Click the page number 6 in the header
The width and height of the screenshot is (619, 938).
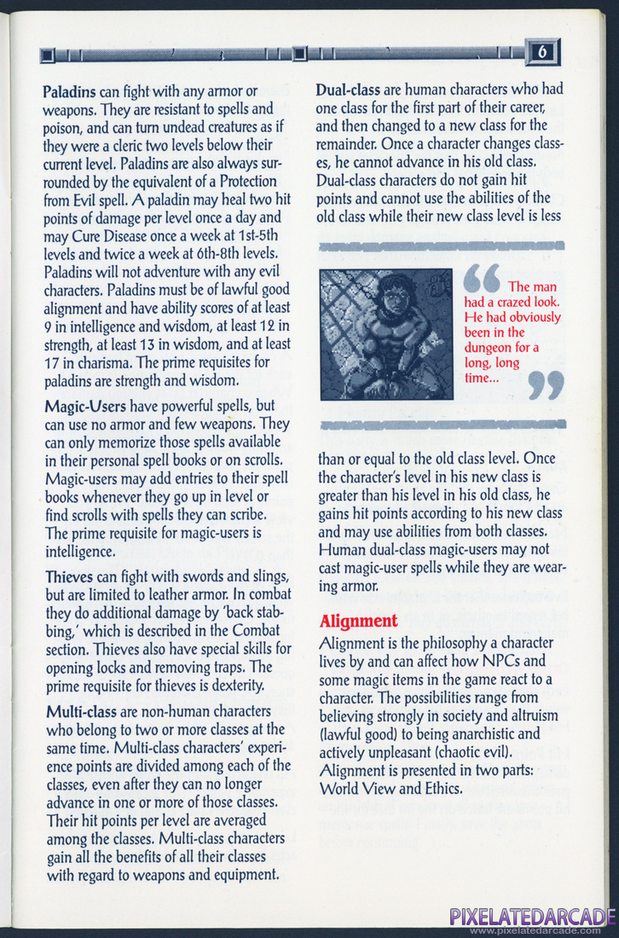(x=542, y=52)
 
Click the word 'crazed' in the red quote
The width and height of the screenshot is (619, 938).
(x=506, y=302)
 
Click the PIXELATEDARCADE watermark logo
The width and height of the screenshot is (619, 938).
(x=532, y=917)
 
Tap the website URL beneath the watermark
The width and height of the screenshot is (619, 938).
(x=532, y=930)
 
